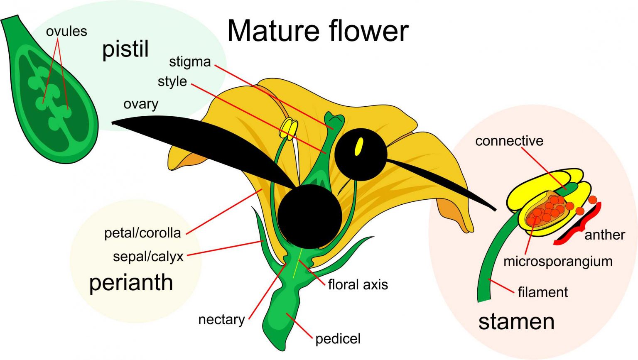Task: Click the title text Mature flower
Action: click(318, 31)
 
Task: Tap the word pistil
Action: click(125, 49)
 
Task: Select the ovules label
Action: click(66, 31)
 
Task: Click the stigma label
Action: click(190, 62)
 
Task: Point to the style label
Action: click(172, 81)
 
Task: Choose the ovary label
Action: click(141, 104)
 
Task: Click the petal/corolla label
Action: click(142, 233)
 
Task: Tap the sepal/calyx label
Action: click(148, 257)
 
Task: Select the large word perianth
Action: click(131, 283)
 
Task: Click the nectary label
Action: click(221, 319)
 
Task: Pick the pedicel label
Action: click(338, 339)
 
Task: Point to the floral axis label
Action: click(358, 284)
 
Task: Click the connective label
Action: click(509, 141)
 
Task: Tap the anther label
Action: click(604, 235)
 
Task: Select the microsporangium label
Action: click(557, 261)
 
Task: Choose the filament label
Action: click(542, 292)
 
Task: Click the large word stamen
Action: click(516, 322)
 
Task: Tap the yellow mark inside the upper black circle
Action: click(359, 147)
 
